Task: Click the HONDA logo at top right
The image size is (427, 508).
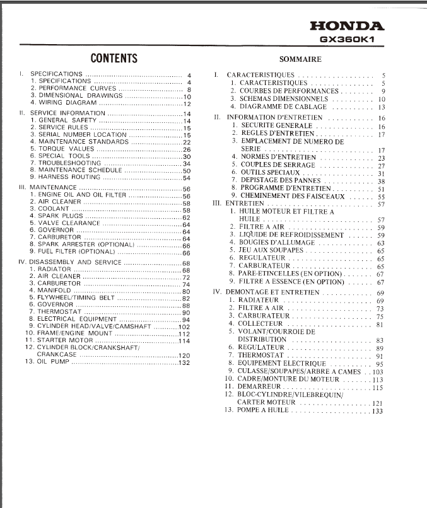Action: click(x=348, y=26)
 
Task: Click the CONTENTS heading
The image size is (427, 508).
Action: click(x=114, y=59)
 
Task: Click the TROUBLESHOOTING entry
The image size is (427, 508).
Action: click(x=70, y=163)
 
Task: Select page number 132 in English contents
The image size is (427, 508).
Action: click(x=184, y=362)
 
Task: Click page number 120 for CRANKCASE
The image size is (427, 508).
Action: click(x=184, y=355)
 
